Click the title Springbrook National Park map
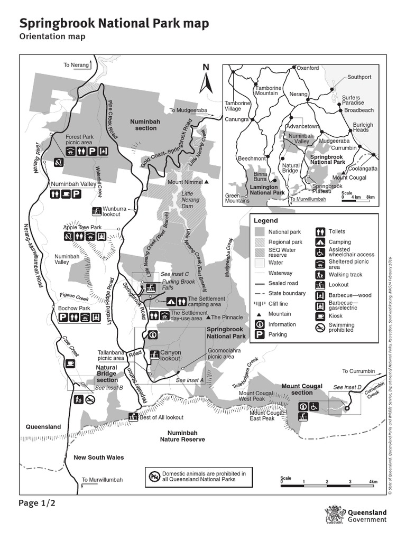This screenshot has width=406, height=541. click(x=114, y=24)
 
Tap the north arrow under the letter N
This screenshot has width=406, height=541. click(x=207, y=84)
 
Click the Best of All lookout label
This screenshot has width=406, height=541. click(x=161, y=417)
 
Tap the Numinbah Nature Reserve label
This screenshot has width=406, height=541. click(x=182, y=436)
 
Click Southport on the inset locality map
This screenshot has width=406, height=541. click(x=359, y=77)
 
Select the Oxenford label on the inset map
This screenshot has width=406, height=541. click(x=308, y=68)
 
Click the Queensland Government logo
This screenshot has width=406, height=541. click(x=357, y=516)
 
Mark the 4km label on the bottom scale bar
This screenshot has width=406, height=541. click(x=373, y=482)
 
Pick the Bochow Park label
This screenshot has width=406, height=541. click(x=74, y=308)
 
